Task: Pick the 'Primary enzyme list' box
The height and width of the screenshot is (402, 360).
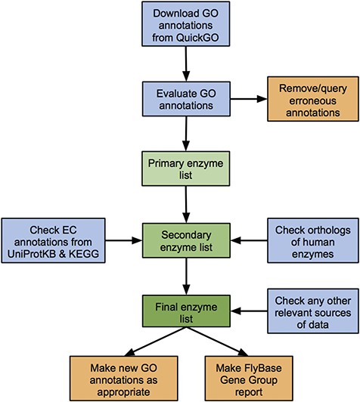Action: (x=182, y=168)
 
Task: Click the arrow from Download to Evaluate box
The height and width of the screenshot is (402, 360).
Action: (x=182, y=62)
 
